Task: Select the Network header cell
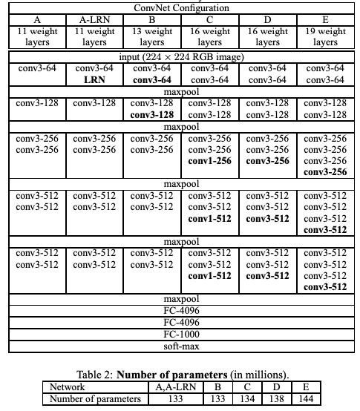(67, 387)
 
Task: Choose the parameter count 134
(248, 399)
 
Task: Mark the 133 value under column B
(217, 399)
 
